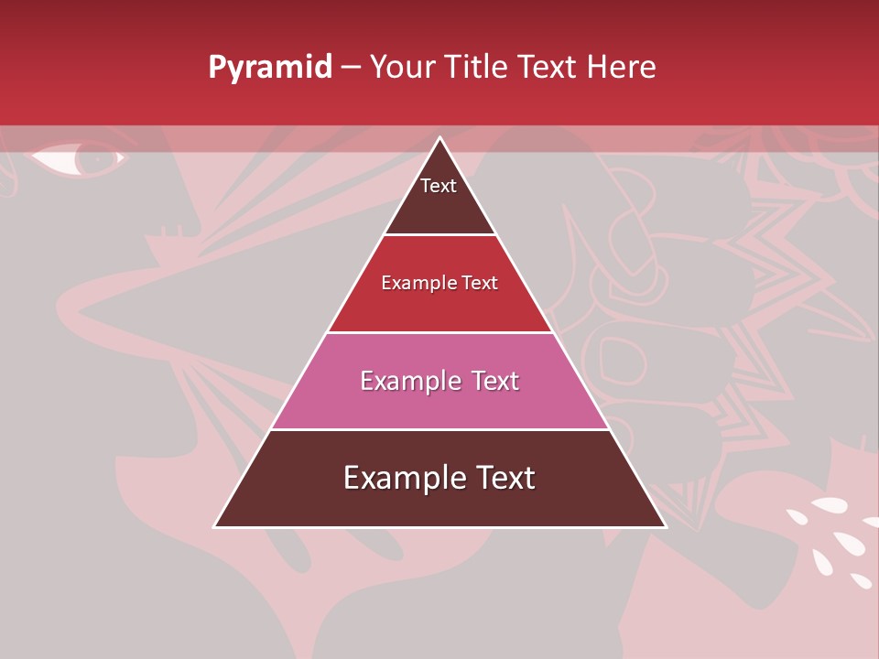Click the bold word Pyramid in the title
point(270,68)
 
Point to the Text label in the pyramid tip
point(439,186)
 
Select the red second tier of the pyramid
point(439,307)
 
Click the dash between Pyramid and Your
point(351,68)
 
